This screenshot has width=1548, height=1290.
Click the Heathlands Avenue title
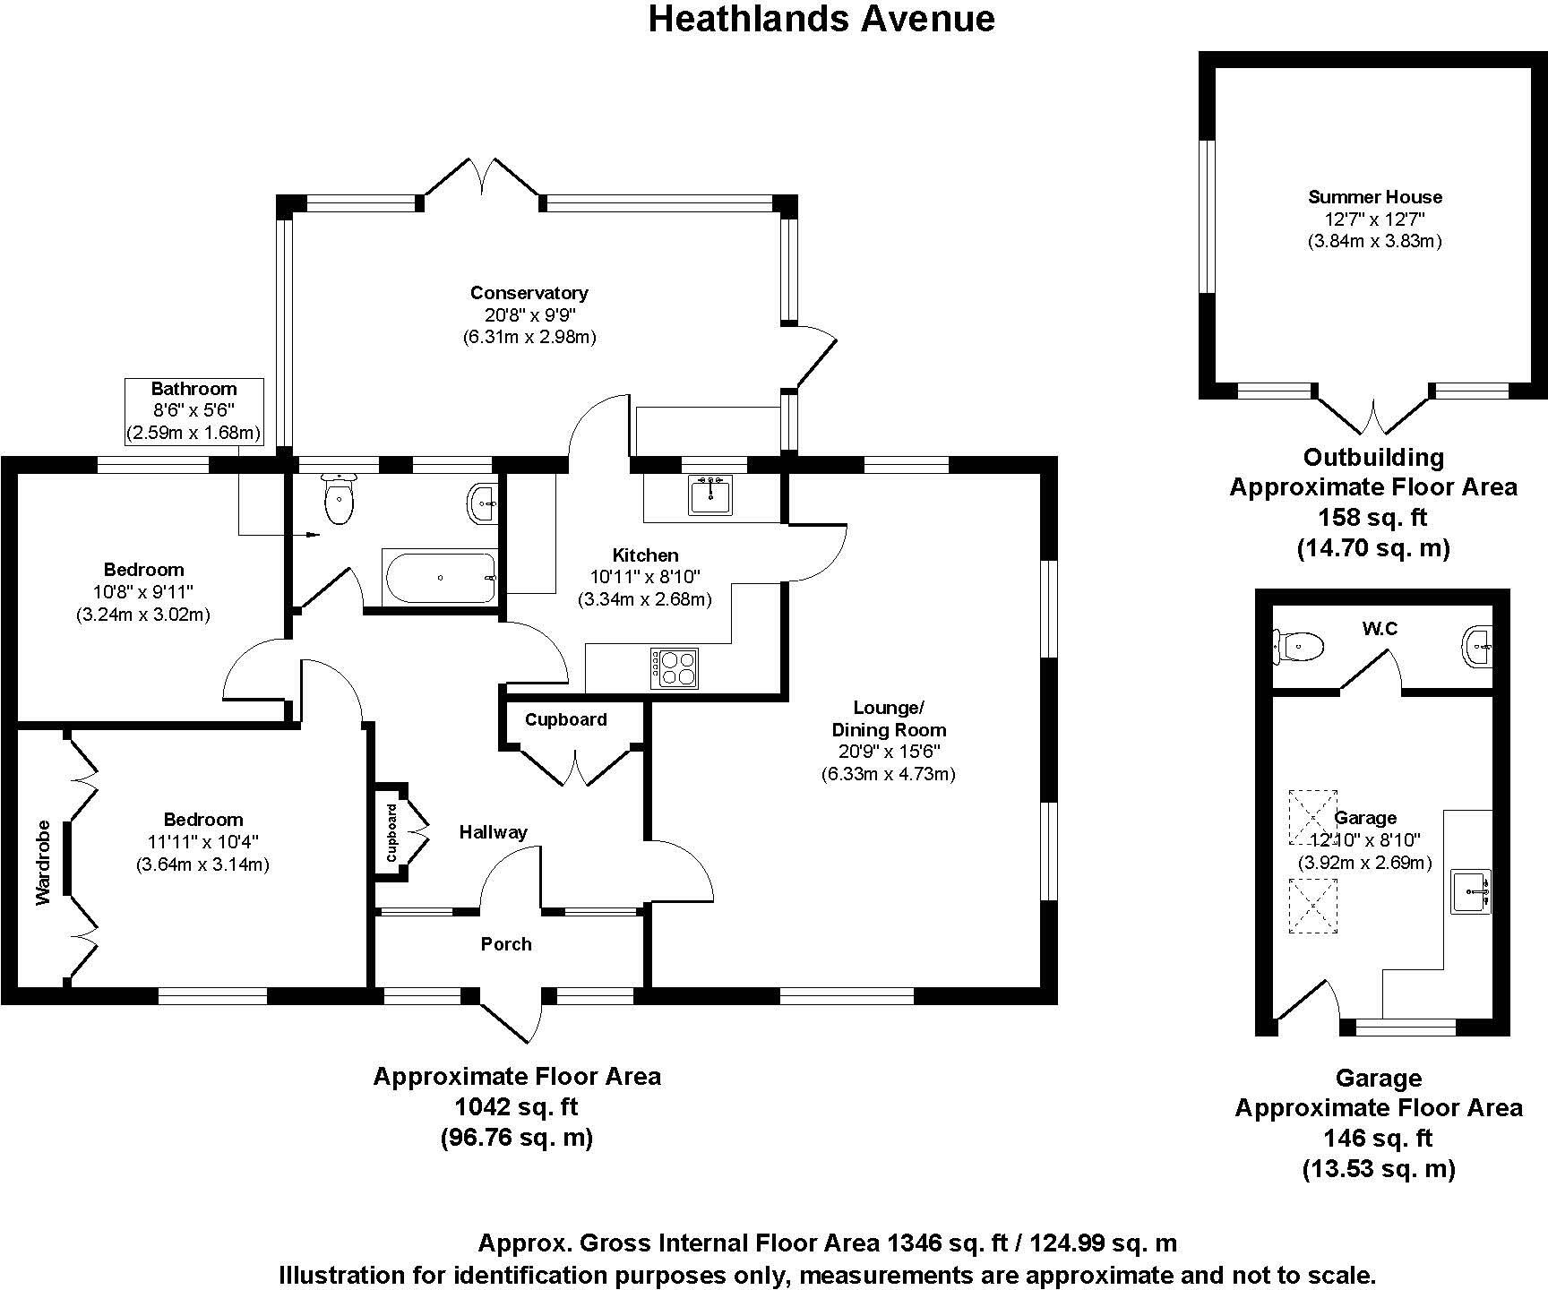(821, 18)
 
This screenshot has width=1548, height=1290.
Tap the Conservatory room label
(529, 293)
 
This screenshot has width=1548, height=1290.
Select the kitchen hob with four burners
(675, 667)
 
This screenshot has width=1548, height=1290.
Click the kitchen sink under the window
(712, 494)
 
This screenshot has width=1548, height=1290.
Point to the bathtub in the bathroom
(439, 577)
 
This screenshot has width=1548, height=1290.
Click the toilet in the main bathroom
(340, 500)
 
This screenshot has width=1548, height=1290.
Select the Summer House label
(1374, 197)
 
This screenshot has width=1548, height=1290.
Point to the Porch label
(505, 944)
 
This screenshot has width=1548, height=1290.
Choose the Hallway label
(493, 832)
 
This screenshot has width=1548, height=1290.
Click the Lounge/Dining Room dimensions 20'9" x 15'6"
(888, 752)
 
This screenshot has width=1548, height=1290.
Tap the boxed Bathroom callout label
(193, 389)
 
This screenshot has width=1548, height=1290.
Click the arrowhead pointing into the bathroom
(313, 535)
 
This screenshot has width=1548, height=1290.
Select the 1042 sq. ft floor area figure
(516, 1107)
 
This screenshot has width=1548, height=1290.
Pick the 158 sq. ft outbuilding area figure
(1372, 517)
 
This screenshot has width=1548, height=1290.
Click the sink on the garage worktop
(1470, 890)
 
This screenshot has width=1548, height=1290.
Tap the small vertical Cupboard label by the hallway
(391, 833)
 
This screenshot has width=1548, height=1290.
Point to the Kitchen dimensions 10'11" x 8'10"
(644, 577)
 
